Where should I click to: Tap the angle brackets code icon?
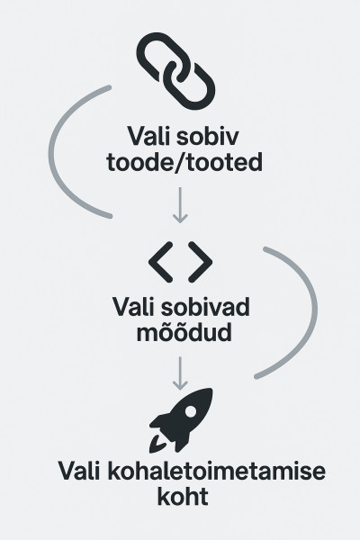[x=180, y=262]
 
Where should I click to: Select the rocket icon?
[x=181, y=420]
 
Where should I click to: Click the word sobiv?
[x=207, y=136]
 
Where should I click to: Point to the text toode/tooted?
[x=184, y=162]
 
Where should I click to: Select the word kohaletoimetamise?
[x=216, y=471]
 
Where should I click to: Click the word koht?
[x=183, y=496]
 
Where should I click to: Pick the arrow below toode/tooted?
[x=180, y=205]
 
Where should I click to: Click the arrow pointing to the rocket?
[x=180, y=373]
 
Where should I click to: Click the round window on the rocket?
[x=191, y=410]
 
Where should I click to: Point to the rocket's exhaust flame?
[x=157, y=445]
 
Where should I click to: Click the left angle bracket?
[x=160, y=262]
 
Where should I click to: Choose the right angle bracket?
[x=201, y=262]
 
